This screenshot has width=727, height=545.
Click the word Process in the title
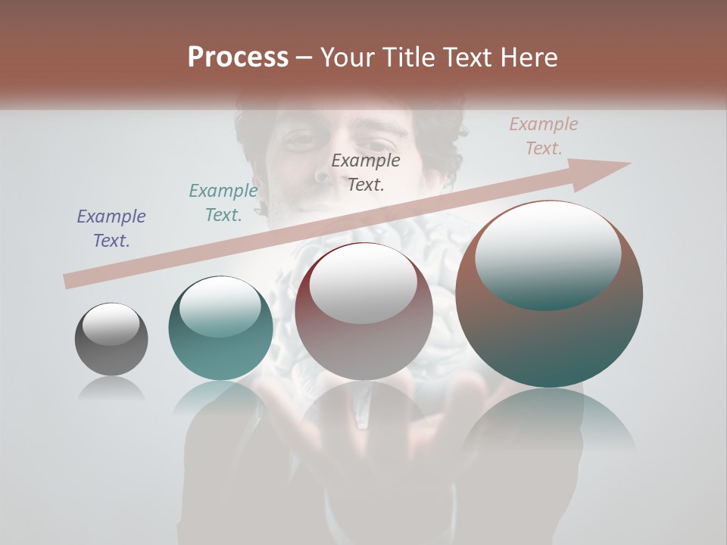pyautogui.click(x=238, y=58)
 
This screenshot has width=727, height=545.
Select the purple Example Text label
pyautogui.click(x=111, y=229)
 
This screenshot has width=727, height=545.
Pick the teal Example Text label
pyautogui.click(x=223, y=203)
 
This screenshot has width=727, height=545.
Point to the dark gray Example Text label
pyautogui.click(x=366, y=172)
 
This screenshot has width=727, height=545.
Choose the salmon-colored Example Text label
pyautogui.click(x=544, y=136)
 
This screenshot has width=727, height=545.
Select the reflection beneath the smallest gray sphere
pyautogui.click(x=111, y=389)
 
